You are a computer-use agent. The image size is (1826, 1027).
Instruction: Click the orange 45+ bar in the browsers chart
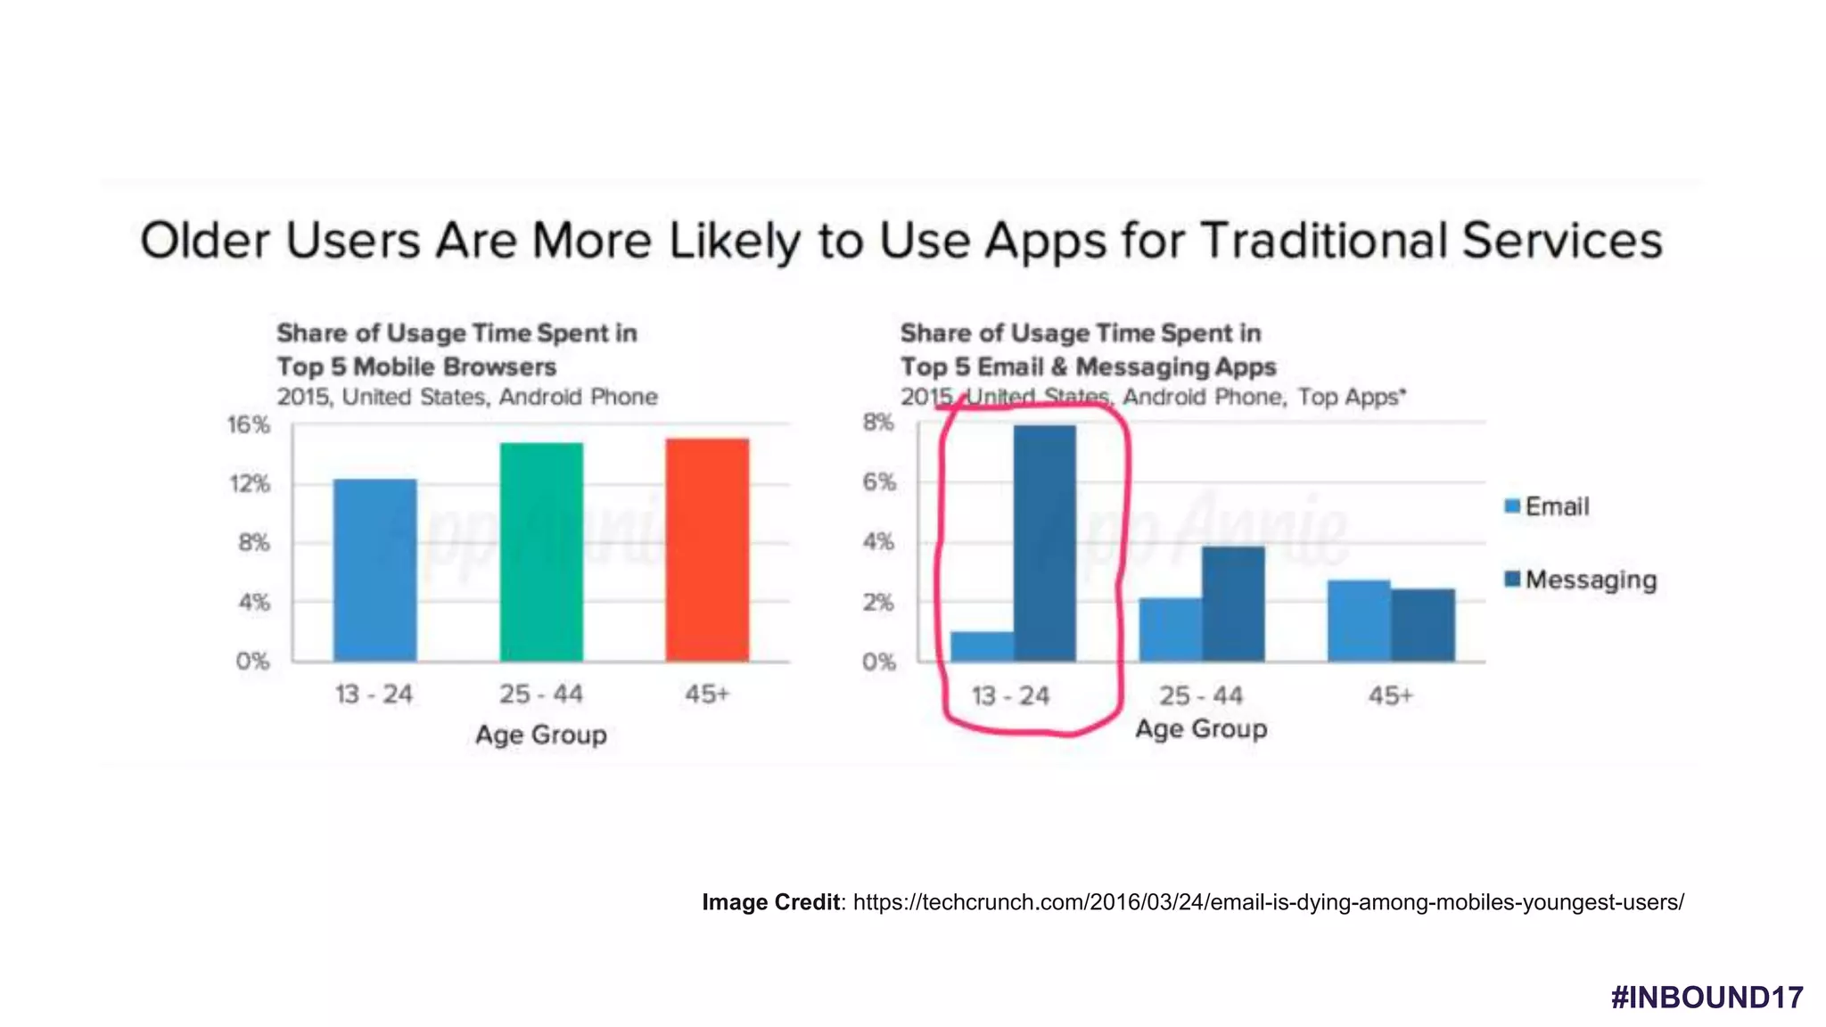point(707,549)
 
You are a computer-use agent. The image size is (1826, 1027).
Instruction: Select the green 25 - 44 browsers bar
point(541,552)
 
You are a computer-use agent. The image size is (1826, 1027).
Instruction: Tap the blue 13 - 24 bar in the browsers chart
point(374,570)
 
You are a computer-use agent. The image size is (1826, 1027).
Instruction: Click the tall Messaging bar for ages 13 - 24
point(1045,543)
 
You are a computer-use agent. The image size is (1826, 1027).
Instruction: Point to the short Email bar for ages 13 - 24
point(982,646)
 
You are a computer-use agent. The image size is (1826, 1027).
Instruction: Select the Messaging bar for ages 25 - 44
point(1233,604)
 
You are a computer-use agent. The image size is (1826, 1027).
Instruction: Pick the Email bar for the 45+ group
point(1359,620)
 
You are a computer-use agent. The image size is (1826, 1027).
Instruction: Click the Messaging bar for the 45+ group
point(1423,625)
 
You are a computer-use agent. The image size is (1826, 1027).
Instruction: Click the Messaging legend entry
point(1581,579)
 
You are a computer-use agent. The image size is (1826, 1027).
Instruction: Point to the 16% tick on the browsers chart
point(249,424)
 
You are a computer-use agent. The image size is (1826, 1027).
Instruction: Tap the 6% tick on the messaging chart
point(879,482)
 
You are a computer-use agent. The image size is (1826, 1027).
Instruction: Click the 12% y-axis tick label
point(250,484)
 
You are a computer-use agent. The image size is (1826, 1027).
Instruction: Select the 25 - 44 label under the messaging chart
point(1201,695)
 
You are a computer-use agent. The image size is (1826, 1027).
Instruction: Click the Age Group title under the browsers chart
point(541,735)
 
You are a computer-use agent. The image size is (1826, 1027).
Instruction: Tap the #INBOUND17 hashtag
point(1707,997)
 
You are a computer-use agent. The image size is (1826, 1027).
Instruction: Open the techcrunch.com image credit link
point(1268,902)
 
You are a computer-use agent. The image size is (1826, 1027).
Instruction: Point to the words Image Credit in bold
point(770,902)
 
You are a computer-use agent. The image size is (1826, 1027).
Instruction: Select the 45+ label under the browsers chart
point(707,694)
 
